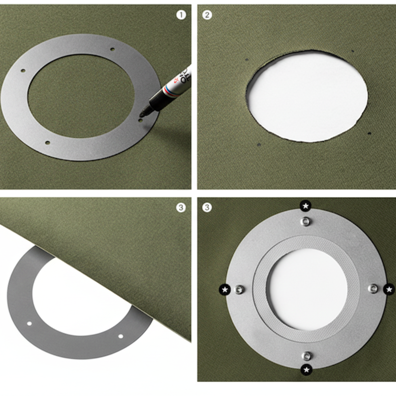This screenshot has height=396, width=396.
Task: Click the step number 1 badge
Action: point(181,15)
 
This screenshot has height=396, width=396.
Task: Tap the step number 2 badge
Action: point(207,15)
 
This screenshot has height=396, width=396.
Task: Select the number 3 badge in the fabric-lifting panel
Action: point(180,208)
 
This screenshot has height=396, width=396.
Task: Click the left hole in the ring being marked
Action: point(22,71)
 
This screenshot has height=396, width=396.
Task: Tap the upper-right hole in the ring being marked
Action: point(112,49)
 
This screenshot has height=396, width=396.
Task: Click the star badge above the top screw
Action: point(306,206)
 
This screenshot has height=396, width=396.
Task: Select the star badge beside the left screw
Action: point(225,289)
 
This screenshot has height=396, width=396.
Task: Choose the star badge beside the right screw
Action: point(389,289)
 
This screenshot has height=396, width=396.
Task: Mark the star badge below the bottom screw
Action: point(307,369)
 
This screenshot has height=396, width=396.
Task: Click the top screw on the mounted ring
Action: point(306,221)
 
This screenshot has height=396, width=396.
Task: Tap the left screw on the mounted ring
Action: point(239,289)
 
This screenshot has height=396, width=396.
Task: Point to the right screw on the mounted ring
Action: point(374,288)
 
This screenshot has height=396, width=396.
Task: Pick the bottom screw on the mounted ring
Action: point(307,355)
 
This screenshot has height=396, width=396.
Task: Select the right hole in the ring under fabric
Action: point(120,336)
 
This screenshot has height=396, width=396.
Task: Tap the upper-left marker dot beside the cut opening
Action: point(247,60)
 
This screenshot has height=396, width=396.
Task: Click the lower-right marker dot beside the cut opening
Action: point(369,134)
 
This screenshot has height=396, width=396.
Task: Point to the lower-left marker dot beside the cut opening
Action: point(258,144)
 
